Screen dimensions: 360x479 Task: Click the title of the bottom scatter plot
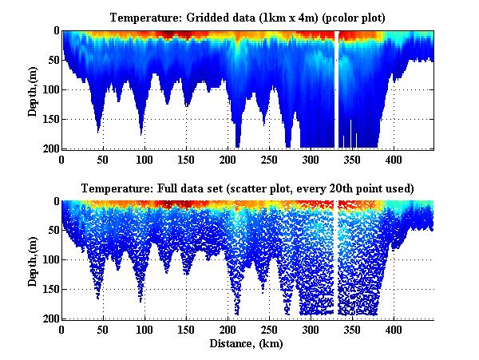248,189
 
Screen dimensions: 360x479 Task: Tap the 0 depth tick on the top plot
55,31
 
